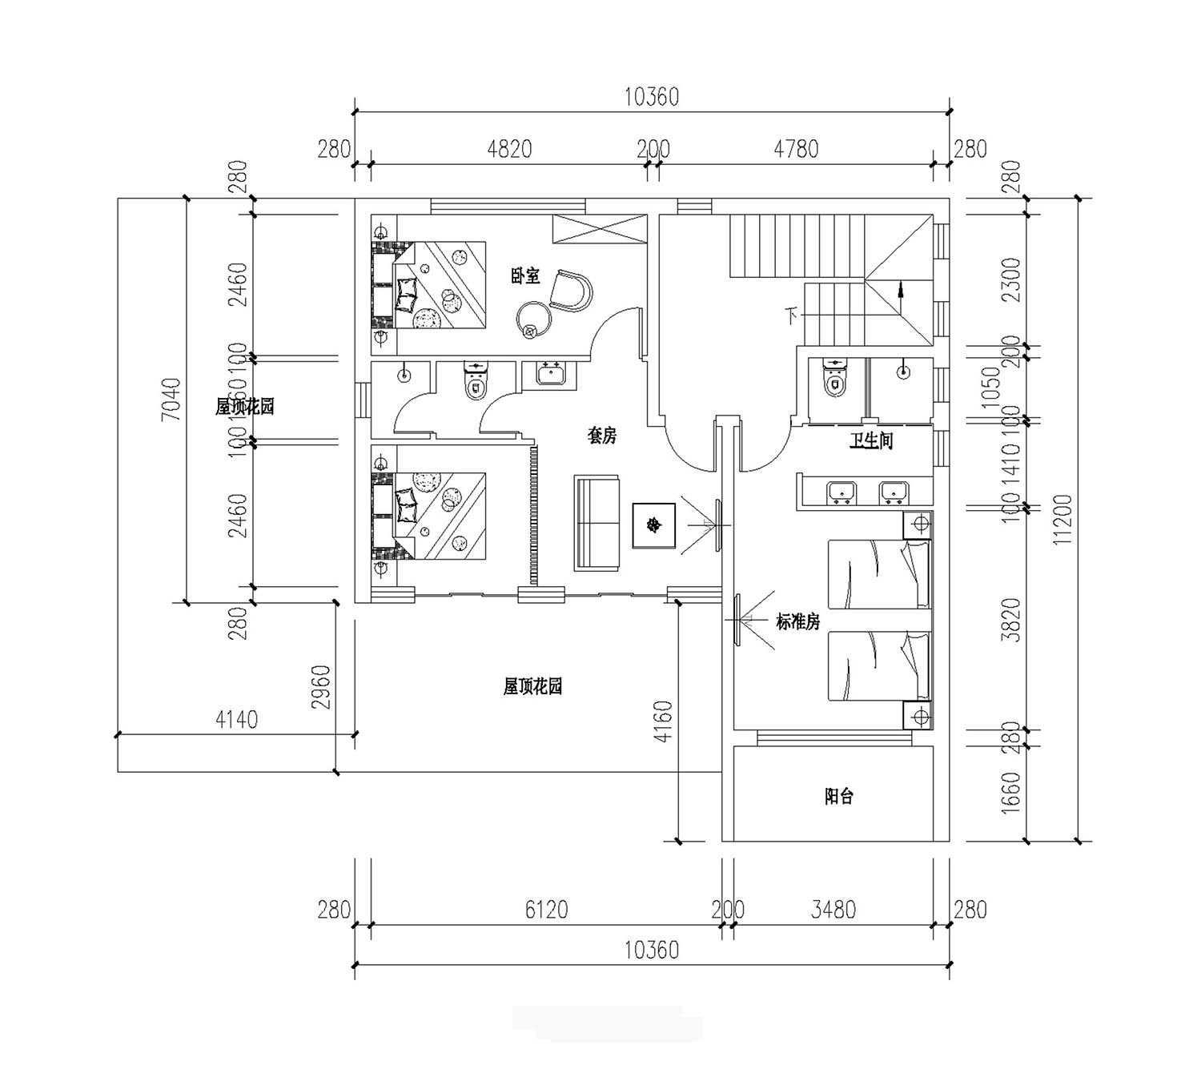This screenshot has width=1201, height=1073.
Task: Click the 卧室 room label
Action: (x=525, y=277)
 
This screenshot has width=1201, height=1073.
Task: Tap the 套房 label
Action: (x=602, y=436)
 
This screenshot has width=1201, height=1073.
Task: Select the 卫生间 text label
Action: (x=871, y=441)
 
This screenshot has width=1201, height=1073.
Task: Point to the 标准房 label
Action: (x=797, y=621)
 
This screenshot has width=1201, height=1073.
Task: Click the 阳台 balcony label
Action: (x=839, y=797)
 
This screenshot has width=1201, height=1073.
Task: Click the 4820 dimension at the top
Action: (x=509, y=150)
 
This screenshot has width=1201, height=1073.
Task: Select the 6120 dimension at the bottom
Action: (x=546, y=910)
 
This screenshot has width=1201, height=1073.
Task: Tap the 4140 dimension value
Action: (x=237, y=720)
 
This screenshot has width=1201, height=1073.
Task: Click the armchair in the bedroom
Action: (x=571, y=290)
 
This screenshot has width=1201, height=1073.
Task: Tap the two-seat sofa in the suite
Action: (x=596, y=523)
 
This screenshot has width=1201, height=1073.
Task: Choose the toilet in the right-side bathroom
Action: (x=834, y=378)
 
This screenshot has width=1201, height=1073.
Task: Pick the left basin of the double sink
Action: (x=841, y=492)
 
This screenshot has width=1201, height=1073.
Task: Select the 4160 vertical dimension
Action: (x=666, y=722)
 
